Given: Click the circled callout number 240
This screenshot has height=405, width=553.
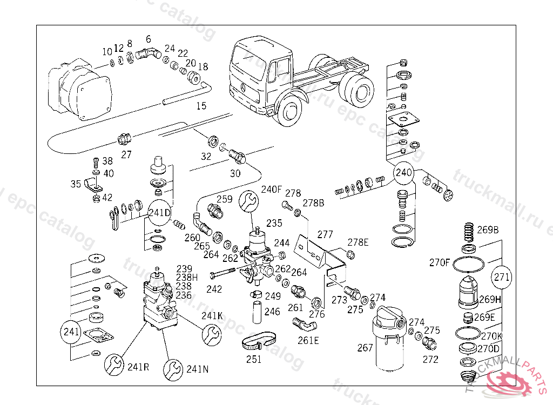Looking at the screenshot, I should click(404, 173).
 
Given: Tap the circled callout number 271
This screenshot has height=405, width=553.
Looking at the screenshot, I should click(502, 278).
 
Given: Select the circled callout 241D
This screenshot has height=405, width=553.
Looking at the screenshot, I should click(160, 212).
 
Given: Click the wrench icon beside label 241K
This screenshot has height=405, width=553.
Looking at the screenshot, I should click(211, 334).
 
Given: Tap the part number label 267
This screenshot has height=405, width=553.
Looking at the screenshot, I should click(365, 348).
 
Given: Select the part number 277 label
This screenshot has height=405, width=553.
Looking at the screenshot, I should click(325, 235).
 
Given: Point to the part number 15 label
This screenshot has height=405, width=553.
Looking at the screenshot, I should click(201, 106).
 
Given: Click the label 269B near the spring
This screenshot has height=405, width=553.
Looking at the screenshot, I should click(488, 230).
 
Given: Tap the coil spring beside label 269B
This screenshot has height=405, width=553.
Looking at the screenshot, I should click(468, 233).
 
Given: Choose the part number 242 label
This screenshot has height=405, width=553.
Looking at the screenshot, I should click(214, 289).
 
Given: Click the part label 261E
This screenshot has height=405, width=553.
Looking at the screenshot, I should click(308, 340).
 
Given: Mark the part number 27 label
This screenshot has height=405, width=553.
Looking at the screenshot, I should click(126, 154).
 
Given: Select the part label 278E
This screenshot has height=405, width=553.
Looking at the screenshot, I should click(358, 242).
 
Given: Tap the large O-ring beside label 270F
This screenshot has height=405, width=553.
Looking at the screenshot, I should click(468, 265).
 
